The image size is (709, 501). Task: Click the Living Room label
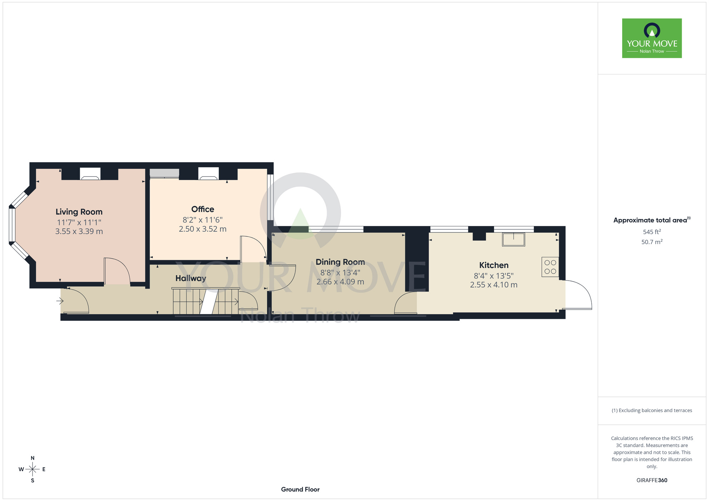79,212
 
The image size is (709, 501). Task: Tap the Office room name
203,209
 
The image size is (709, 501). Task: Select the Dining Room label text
340,262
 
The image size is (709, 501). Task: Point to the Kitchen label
494,265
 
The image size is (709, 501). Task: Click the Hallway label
191,278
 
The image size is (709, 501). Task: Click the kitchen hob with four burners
550,267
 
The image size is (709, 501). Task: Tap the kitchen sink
513,240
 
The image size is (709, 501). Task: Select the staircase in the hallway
206,301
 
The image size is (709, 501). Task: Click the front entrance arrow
60,301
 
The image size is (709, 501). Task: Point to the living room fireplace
90,174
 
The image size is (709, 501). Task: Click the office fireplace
208,174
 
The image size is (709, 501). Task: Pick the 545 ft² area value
652,232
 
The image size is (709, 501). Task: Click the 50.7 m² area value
652,242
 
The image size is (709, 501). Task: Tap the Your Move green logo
652,38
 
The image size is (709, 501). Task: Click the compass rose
32,469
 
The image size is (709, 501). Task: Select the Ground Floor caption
300,489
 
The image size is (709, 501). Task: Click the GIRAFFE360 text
652,480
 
